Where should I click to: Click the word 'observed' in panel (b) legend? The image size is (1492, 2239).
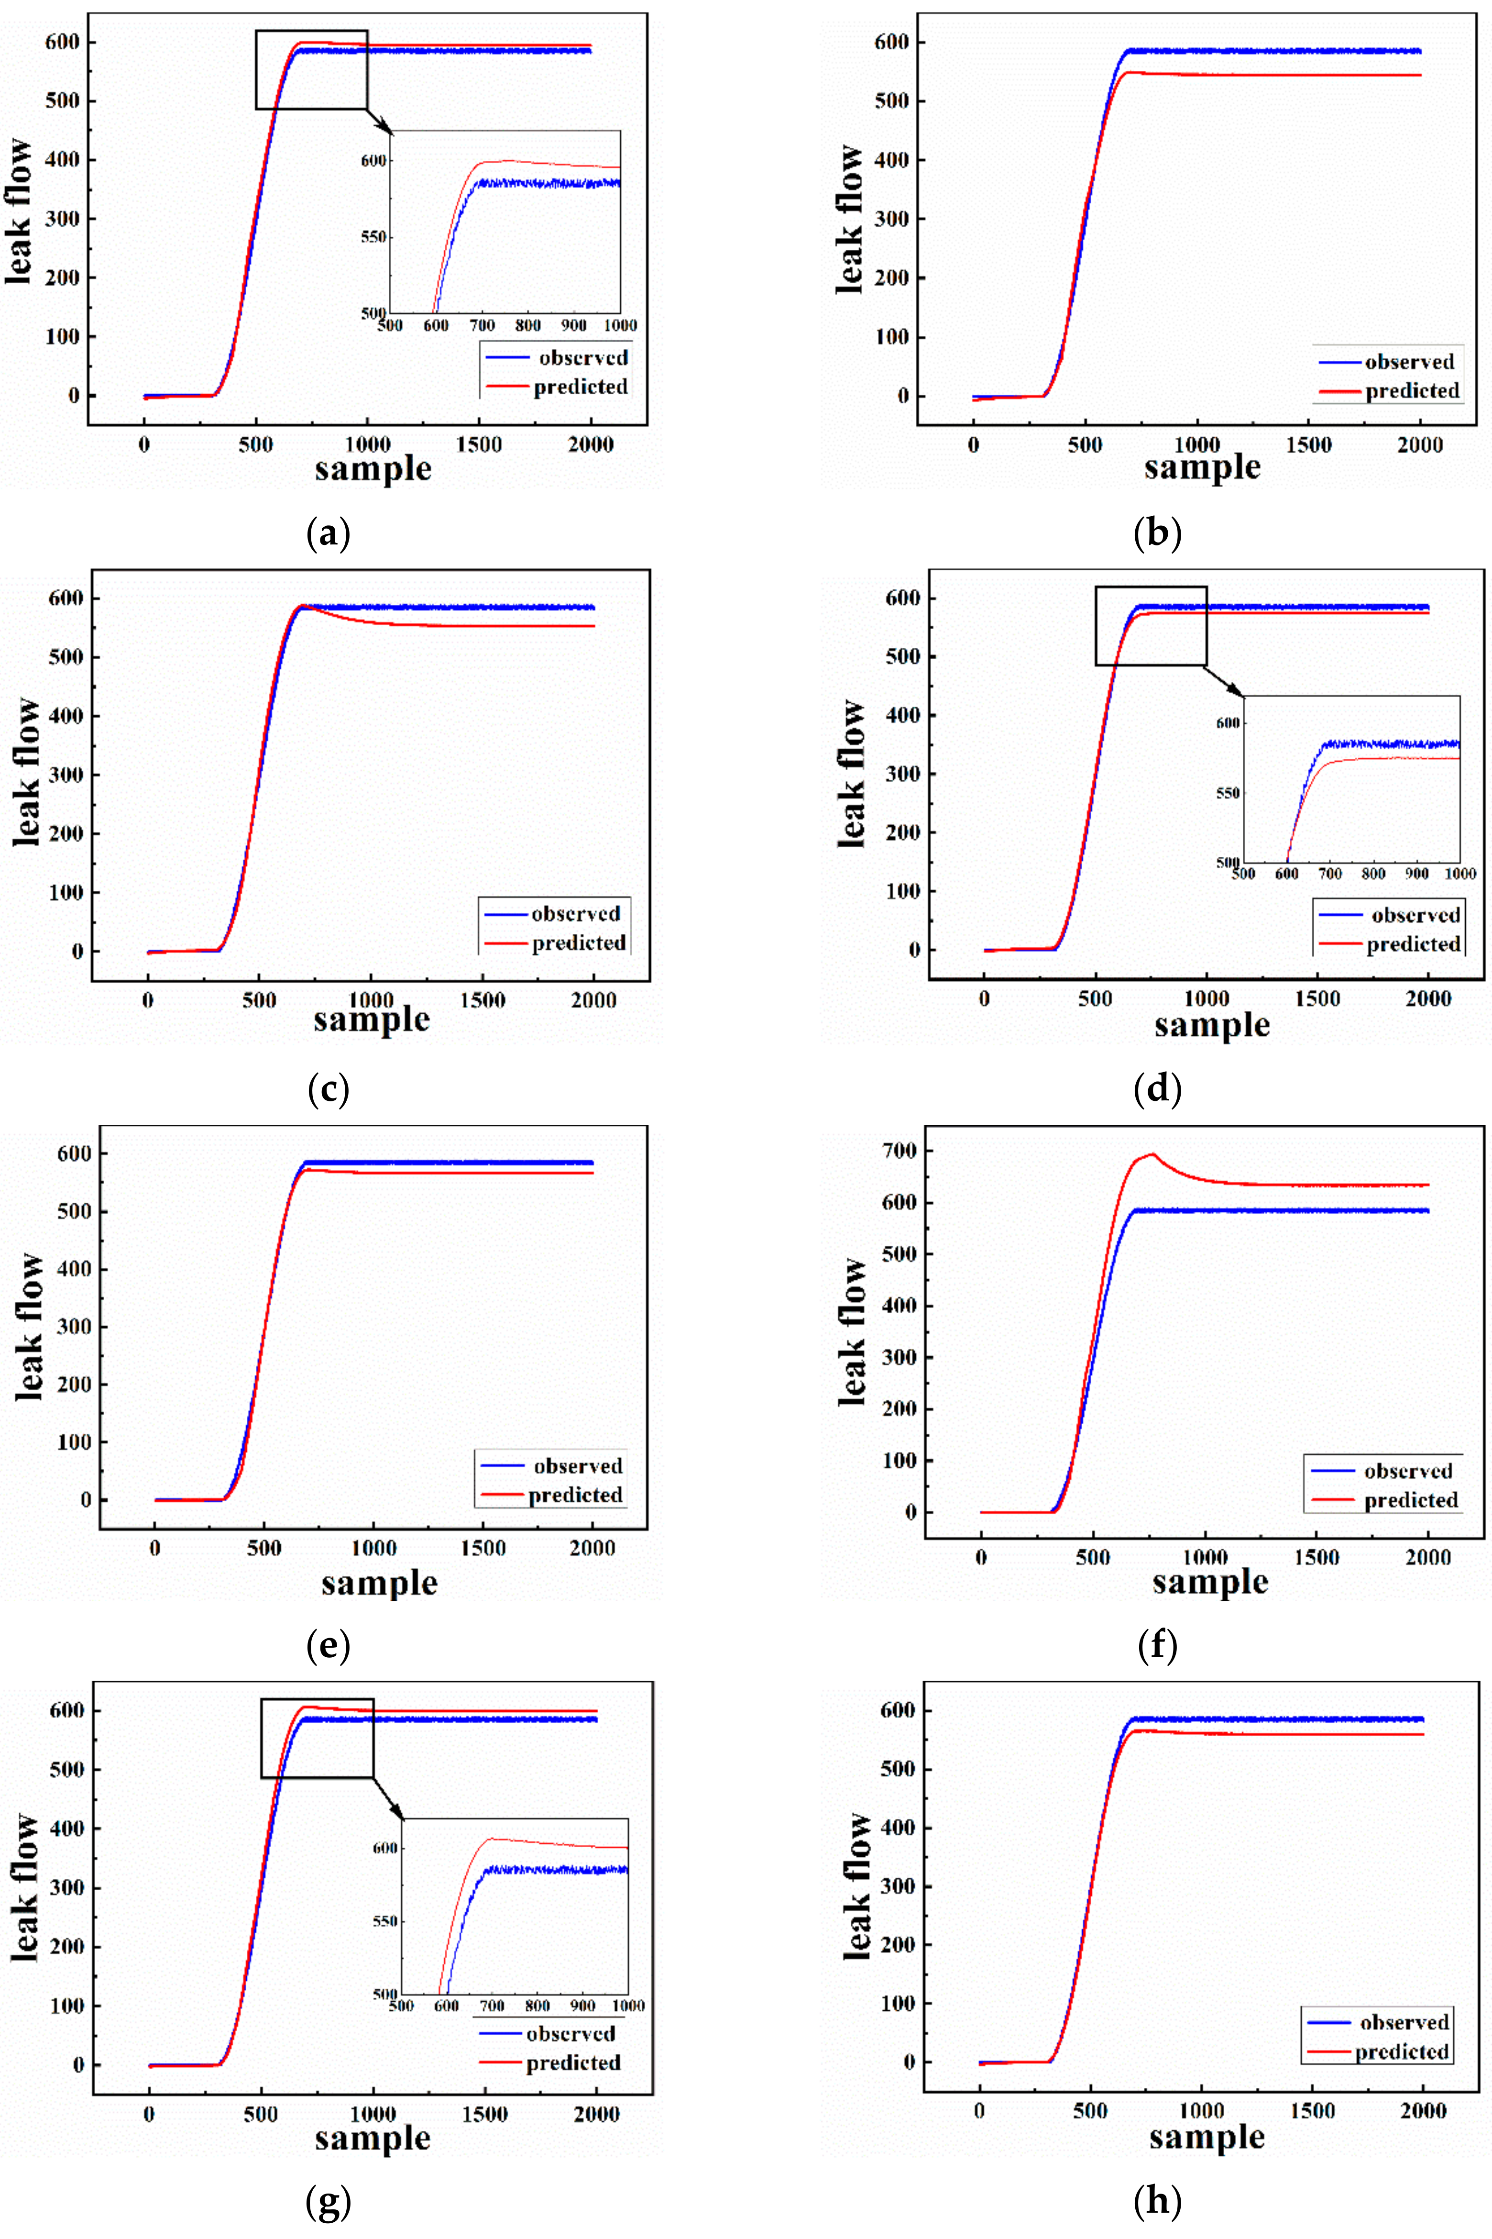(1409, 362)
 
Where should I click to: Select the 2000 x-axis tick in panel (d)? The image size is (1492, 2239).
(1428, 998)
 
